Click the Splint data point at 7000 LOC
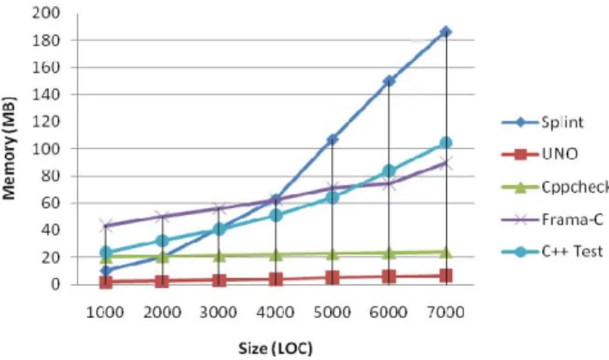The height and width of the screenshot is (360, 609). (x=446, y=32)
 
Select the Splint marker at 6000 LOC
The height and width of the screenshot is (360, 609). (x=389, y=81)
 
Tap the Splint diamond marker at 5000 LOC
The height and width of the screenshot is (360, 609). (x=332, y=139)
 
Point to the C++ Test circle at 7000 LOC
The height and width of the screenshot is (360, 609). (x=446, y=143)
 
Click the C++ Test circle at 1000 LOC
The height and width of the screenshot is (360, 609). (x=105, y=252)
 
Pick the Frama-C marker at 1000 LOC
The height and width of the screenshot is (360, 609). (x=105, y=225)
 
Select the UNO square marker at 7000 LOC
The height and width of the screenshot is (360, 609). (x=446, y=276)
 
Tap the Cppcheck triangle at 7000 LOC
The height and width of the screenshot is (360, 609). (x=446, y=253)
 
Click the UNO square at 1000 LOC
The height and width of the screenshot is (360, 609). (x=105, y=282)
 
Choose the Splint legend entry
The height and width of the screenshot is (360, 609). (x=542, y=123)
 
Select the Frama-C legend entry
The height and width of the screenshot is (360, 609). (x=552, y=220)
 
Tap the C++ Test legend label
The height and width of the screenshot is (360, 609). (x=572, y=251)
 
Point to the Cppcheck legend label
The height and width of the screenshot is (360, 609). (x=576, y=188)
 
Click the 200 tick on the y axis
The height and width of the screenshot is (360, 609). (x=46, y=13)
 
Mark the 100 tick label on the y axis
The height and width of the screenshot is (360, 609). (x=46, y=149)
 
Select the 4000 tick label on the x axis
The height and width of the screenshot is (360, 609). (x=275, y=312)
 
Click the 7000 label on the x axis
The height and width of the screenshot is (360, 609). (x=445, y=312)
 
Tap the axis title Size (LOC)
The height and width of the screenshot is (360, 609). (x=275, y=348)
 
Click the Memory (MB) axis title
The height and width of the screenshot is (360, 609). (x=9, y=148)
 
